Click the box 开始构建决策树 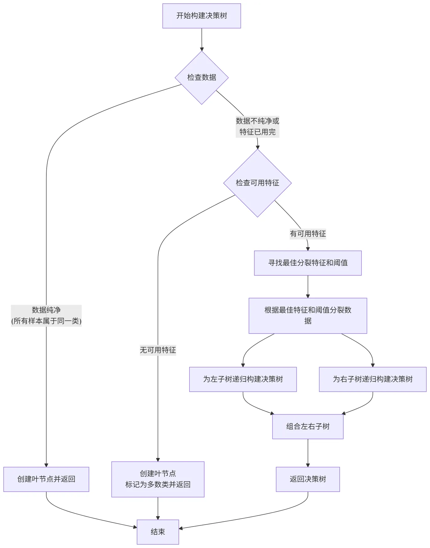(x=201, y=16)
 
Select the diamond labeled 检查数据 (x=201, y=77)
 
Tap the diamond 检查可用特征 (x=257, y=183)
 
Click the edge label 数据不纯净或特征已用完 (x=257, y=126)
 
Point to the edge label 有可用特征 (x=308, y=234)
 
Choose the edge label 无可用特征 (x=158, y=350)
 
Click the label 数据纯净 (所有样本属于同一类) (x=46, y=316)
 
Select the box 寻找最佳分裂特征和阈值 (x=308, y=263)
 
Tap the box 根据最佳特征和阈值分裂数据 (x=308, y=316)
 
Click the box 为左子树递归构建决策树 (x=243, y=379)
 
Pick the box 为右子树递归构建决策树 (x=373, y=379)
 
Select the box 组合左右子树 (x=308, y=427)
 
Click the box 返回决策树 (x=308, y=479)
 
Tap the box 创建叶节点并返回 (x=46, y=479)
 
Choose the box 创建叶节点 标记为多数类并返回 (x=158, y=479)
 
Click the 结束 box (x=158, y=532)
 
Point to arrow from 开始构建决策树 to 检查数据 (x=202, y=39)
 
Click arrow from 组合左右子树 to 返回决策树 (x=308, y=453)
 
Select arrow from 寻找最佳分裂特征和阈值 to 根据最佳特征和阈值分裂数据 (x=308, y=286)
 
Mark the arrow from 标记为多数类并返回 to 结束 (x=158, y=508)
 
